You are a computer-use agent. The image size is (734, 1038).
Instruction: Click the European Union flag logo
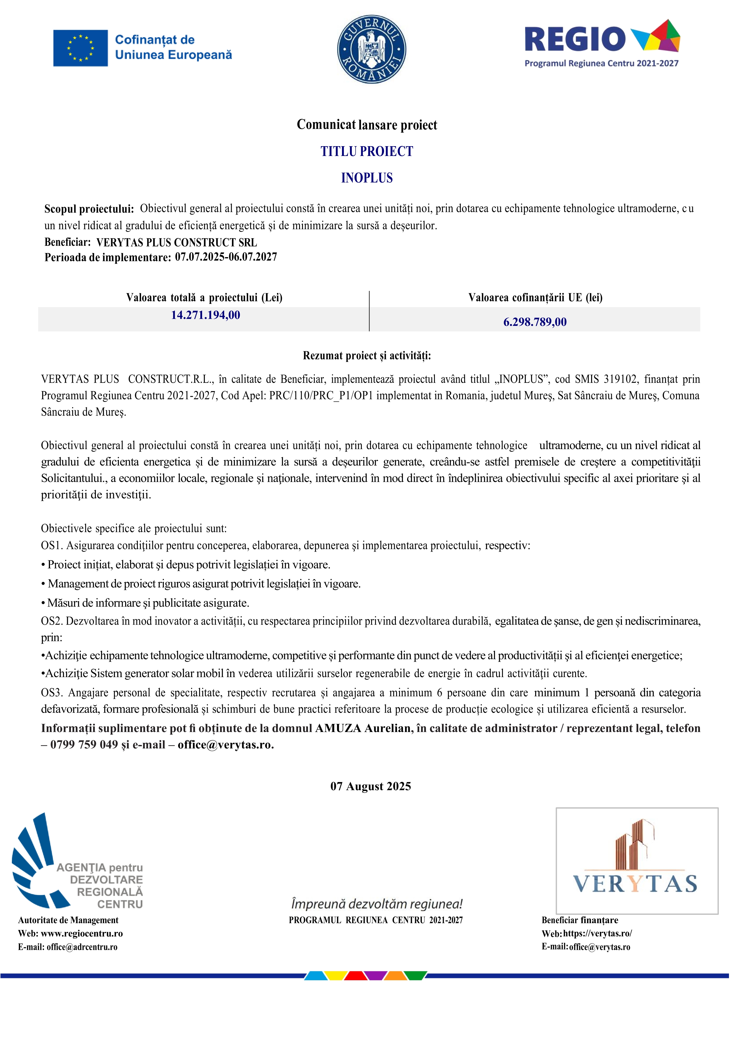pyautogui.click(x=80, y=48)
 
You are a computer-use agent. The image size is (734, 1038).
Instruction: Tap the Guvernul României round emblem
pyautogui.click(x=372, y=49)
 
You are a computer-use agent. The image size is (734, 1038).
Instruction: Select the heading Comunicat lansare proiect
pyautogui.click(x=367, y=125)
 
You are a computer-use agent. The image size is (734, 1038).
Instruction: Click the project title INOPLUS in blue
pyautogui.click(x=367, y=178)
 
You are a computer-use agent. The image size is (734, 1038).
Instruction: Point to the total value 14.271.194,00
pyautogui.click(x=205, y=315)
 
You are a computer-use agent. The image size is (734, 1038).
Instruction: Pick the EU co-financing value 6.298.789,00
pyautogui.click(x=535, y=322)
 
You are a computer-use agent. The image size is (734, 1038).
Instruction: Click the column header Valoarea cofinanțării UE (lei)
pyautogui.click(x=535, y=297)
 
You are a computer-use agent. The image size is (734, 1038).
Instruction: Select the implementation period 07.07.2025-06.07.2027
pyautogui.click(x=226, y=257)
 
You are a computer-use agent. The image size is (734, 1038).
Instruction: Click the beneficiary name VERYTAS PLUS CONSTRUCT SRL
pyautogui.click(x=177, y=242)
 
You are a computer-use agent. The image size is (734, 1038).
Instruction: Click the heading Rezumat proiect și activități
pyautogui.click(x=367, y=356)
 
